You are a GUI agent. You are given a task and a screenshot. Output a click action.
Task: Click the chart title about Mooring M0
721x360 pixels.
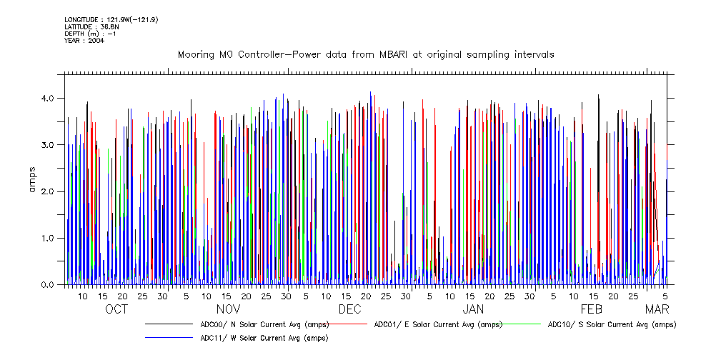pyautogui.click(x=365, y=55)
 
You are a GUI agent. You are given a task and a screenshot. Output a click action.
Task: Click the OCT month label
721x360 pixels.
pyautogui.click(x=116, y=309)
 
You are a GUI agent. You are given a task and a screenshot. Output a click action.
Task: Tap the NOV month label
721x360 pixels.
pyautogui.click(x=228, y=309)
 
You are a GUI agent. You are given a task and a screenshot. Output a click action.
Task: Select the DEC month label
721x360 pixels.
pyautogui.click(x=349, y=309)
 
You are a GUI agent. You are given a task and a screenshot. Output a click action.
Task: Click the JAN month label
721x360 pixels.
pyautogui.click(x=473, y=309)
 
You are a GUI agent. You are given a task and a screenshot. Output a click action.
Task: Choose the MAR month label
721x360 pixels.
pyautogui.click(x=657, y=309)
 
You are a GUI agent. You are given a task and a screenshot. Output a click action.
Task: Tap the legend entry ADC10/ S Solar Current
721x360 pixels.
pyautogui.click(x=612, y=324)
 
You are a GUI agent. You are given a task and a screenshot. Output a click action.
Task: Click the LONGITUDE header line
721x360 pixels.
pyautogui.click(x=111, y=19)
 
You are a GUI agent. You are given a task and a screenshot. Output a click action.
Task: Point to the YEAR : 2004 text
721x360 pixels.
pyautogui.click(x=84, y=41)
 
